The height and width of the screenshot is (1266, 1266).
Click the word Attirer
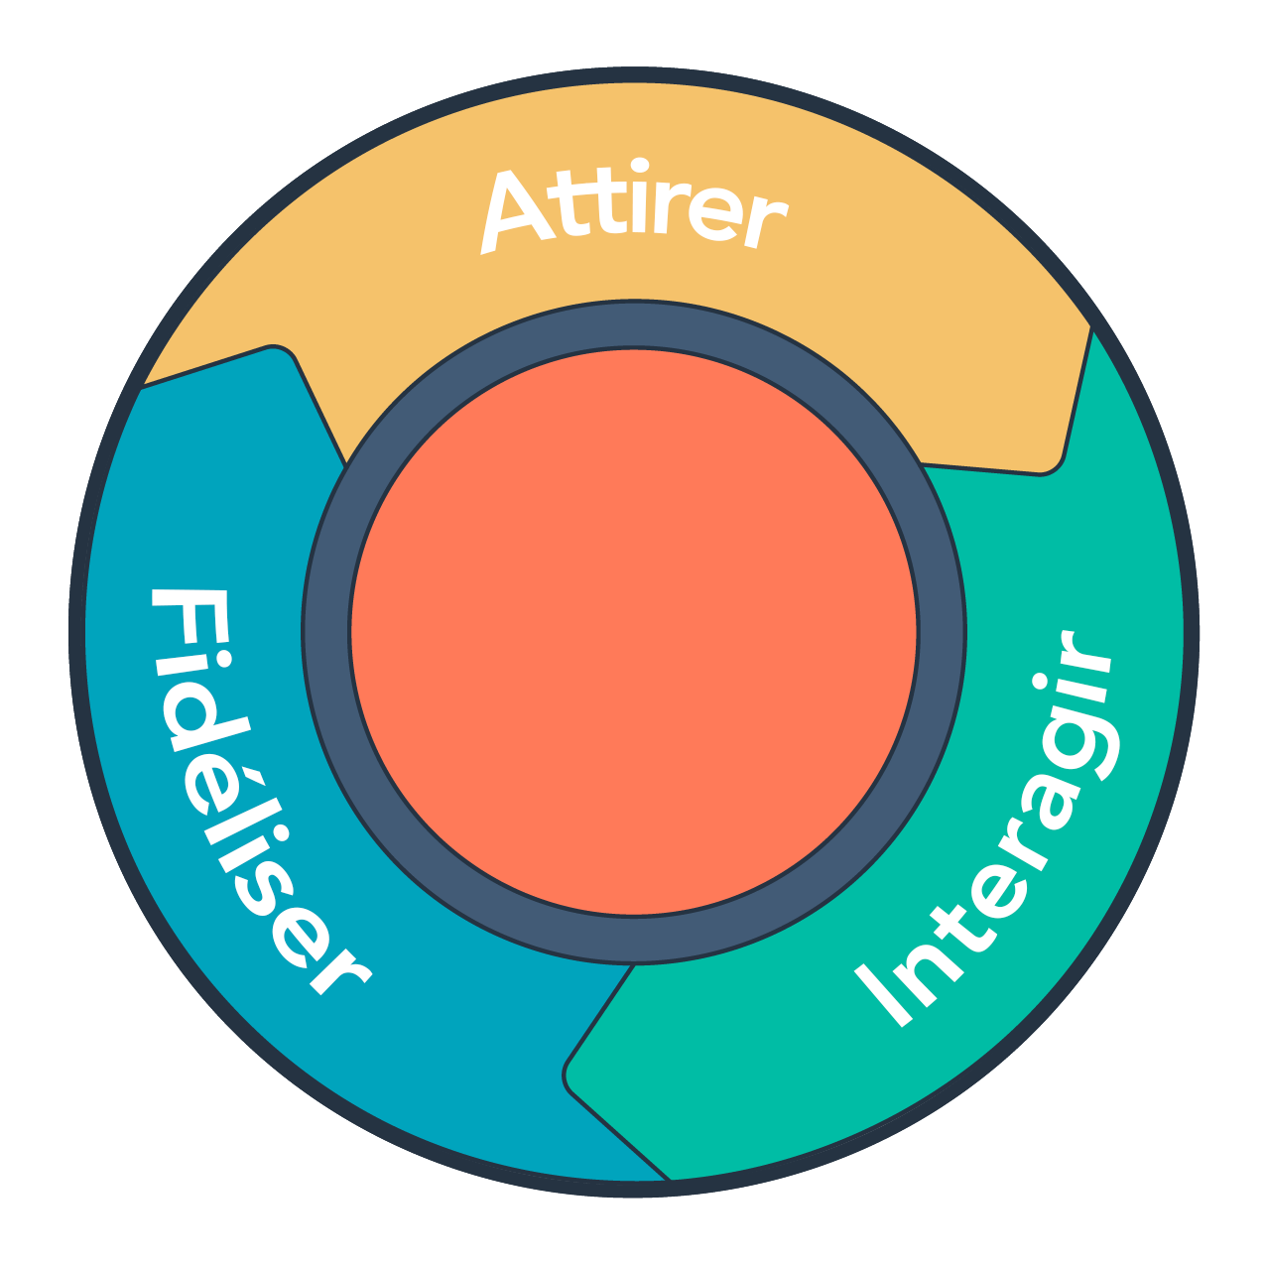(x=633, y=210)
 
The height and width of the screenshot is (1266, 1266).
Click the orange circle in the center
(x=633, y=632)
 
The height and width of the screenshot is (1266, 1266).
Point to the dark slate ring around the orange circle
(x=326, y=632)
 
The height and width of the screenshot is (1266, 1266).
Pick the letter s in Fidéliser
(x=272, y=898)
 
